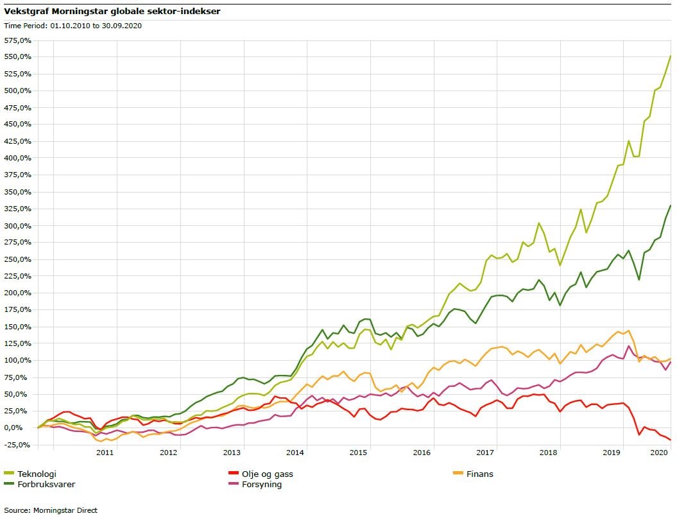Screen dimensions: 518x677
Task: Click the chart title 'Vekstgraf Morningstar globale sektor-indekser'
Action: [x=112, y=11]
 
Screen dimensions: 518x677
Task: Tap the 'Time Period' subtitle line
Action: [x=73, y=26]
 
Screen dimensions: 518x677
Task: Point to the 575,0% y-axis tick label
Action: [x=18, y=40]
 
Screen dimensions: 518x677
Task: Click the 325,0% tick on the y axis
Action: [x=18, y=209]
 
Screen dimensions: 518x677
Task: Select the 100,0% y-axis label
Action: [x=18, y=360]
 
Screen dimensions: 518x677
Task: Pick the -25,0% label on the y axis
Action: [x=18, y=445]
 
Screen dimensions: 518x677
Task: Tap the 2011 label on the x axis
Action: [x=105, y=453]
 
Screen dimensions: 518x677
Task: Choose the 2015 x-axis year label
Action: [x=358, y=453]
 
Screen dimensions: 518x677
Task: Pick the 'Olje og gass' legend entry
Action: [x=264, y=474]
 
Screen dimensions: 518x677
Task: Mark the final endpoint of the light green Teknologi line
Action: [x=671, y=56]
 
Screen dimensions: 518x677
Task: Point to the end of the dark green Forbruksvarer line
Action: [x=671, y=205]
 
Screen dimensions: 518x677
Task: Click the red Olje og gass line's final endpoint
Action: [x=671, y=440]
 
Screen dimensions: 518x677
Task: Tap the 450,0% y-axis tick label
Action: [x=18, y=124]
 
